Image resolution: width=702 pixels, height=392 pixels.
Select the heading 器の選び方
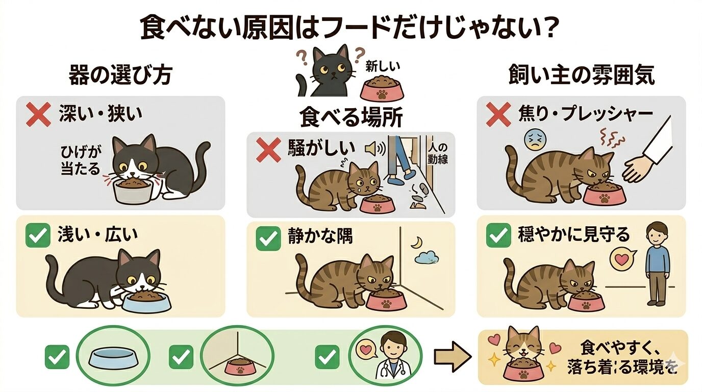click(x=120, y=76)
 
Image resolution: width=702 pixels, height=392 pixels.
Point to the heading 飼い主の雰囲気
click(x=582, y=76)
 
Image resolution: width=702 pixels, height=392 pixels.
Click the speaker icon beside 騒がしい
click(x=376, y=149)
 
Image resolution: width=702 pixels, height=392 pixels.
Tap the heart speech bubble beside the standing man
click(x=621, y=260)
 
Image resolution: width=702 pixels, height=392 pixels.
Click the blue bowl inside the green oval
click(x=112, y=357)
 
